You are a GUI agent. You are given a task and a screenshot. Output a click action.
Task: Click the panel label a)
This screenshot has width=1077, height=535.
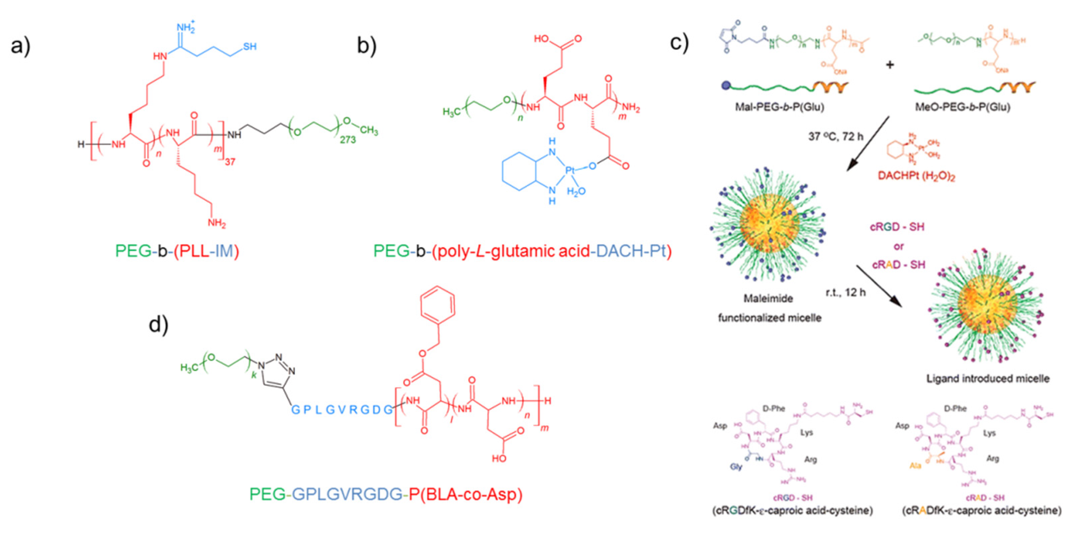(x=20, y=46)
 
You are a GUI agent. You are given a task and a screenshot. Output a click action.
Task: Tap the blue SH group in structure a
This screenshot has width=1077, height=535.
(x=249, y=47)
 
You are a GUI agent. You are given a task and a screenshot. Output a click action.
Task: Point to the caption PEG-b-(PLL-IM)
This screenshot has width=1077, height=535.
(x=177, y=251)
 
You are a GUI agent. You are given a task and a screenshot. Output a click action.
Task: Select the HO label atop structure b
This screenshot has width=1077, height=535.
(x=542, y=39)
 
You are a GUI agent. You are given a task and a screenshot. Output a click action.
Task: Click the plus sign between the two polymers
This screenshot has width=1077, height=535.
(x=890, y=65)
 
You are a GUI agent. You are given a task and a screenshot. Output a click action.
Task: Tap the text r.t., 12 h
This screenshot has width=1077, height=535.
(x=845, y=292)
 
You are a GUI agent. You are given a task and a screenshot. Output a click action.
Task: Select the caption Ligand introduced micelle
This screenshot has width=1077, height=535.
(x=988, y=379)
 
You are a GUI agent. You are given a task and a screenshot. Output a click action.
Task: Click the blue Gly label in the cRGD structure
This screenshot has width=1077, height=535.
(x=737, y=466)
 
